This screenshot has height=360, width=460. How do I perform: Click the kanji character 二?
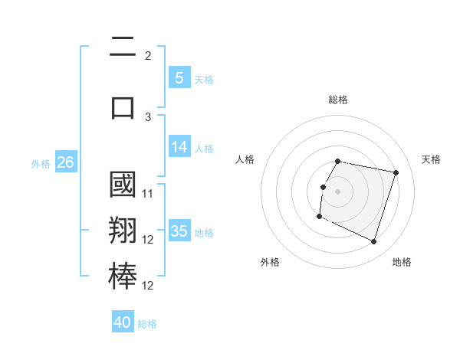[123, 48]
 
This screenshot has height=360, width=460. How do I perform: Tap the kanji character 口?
[123, 106]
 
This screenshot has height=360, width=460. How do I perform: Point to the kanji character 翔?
[123, 232]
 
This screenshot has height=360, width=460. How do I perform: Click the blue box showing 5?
[179, 77]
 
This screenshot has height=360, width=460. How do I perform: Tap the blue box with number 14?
[179, 148]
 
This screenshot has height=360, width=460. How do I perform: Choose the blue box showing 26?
[65, 162]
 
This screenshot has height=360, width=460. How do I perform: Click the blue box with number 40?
[123, 322]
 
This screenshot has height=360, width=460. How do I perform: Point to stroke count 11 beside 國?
[148, 194]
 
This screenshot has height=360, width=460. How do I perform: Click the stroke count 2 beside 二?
[148, 56]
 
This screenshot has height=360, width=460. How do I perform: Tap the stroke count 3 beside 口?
[148, 117]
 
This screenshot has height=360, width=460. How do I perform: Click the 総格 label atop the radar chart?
[338, 100]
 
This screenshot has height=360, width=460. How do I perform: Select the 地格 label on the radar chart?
[402, 262]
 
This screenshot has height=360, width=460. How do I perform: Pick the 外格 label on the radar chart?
[270, 262]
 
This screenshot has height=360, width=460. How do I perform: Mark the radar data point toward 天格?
[396, 172]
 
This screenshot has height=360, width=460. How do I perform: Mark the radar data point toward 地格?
[374, 242]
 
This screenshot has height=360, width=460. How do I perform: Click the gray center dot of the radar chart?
[338, 191]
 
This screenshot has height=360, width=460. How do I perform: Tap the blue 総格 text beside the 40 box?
[147, 324]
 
